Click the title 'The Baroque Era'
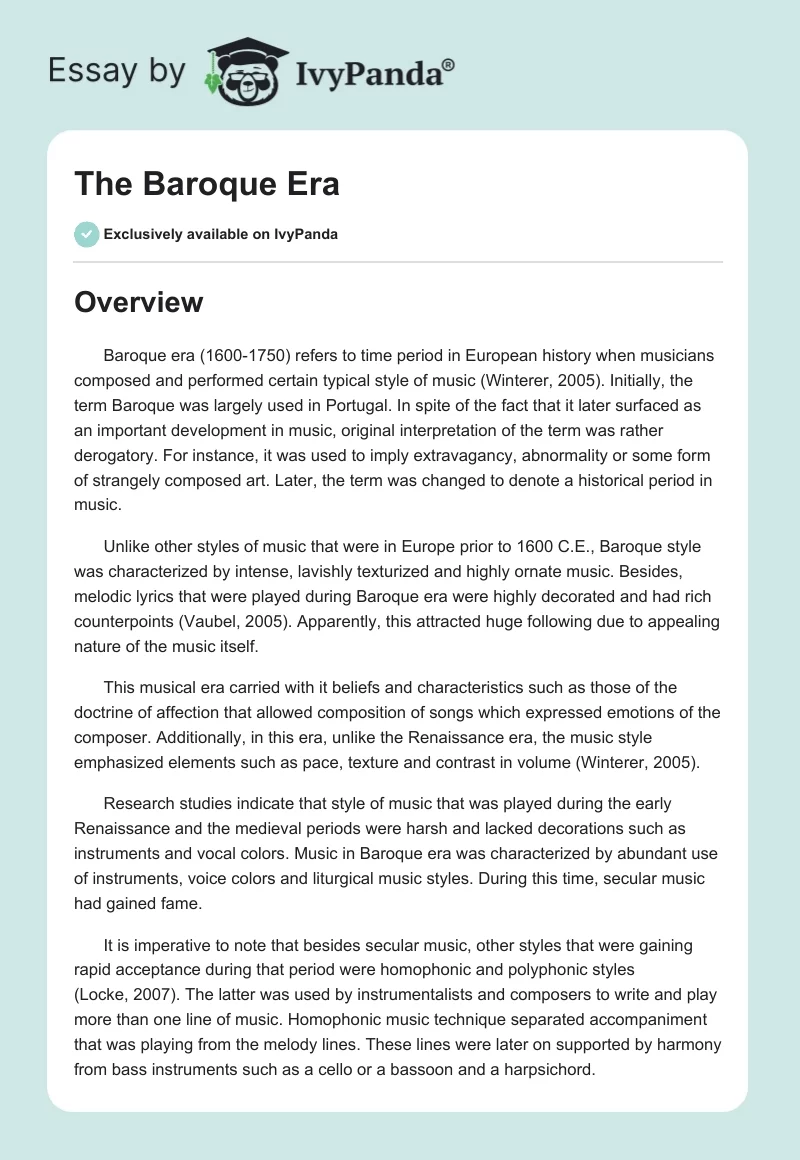click(207, 185)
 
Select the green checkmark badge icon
click(86, 234)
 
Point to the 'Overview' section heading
click(138, 301)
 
